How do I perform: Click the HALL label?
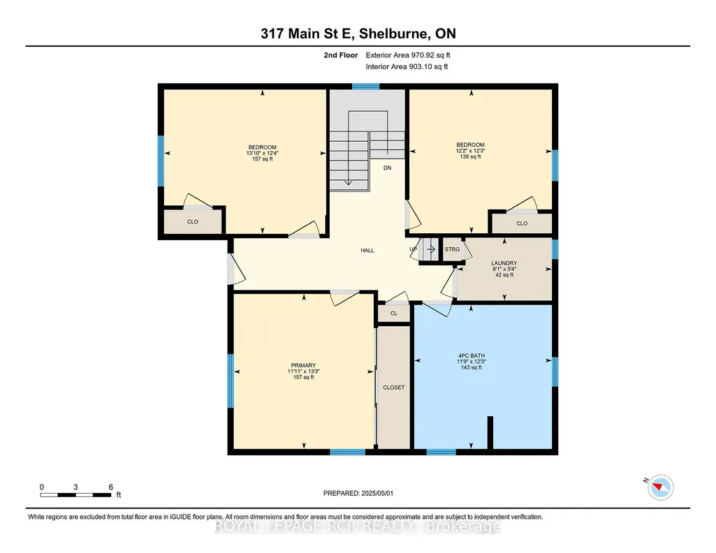367,251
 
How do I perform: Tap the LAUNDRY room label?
504,263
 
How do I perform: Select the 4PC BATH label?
472,356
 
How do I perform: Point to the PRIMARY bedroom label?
303,365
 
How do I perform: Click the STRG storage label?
452,249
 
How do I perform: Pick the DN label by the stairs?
387,168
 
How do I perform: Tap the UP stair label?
414,249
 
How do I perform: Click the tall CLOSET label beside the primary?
393,388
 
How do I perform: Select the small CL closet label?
393,314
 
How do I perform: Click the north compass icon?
660,487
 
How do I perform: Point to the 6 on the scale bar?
110,487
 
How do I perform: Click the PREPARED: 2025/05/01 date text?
358,493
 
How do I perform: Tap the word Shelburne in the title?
393,34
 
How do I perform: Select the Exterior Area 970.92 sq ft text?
408,55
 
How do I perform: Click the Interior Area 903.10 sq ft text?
407,66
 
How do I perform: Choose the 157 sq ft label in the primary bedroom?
303,377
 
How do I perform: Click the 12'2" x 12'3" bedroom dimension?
470,151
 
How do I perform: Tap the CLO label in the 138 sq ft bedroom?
522,223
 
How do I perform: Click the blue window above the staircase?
366,87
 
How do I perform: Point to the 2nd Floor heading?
341,55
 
